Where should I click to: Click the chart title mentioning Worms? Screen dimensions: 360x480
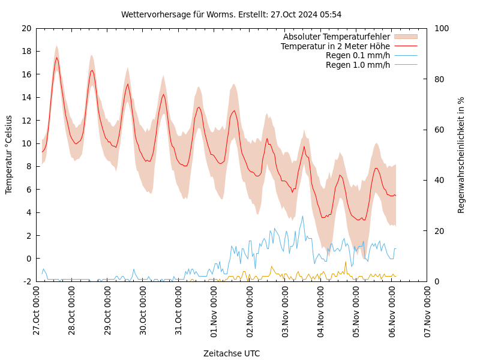tap(231, 14)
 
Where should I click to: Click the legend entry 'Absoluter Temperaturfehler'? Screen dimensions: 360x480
tap(336, 37)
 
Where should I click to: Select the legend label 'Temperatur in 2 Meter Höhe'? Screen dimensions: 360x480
tap(335, 46)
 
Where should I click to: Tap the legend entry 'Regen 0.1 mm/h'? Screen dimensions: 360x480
tap(358, 55)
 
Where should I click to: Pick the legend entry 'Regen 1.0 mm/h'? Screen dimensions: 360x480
tap(358, 65)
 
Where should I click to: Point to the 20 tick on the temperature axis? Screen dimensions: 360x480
tap(26, 28)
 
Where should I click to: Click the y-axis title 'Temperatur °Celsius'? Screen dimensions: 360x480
tap(9, 154)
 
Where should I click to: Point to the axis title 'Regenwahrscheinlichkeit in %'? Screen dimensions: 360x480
tap(461, 154)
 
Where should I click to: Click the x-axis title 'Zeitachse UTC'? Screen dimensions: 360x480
tap(232, 353)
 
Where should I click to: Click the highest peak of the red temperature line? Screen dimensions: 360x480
tap(56, 58)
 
